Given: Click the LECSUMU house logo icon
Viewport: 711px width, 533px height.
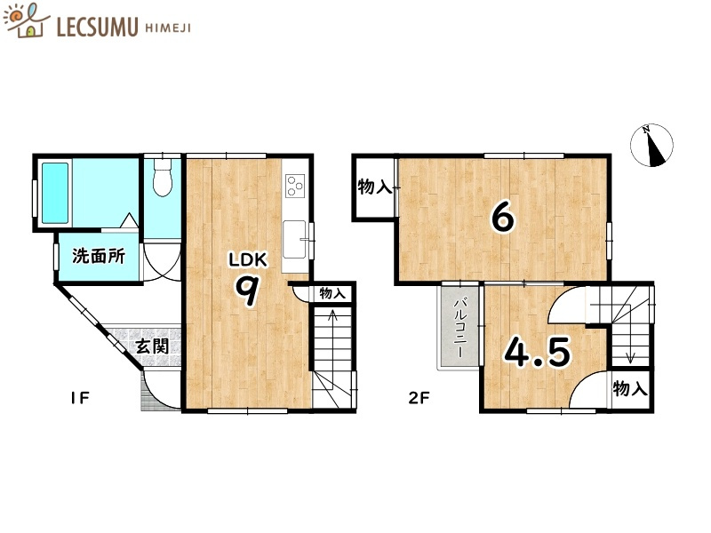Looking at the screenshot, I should point(27,21).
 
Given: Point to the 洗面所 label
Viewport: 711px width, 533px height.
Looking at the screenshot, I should point(98,257).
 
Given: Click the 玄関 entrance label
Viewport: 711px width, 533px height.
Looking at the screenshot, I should point(152,346).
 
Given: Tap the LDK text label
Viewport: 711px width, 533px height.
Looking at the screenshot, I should point(247,260).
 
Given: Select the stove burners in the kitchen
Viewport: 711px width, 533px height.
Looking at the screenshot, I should point(294,186).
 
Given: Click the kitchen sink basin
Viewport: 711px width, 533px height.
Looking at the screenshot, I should point(294,238).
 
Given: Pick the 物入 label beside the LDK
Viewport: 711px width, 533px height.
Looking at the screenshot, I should point(332,293).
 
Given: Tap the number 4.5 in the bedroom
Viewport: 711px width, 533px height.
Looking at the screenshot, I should point(537,353).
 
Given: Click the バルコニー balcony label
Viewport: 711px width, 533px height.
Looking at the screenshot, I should point(460,328).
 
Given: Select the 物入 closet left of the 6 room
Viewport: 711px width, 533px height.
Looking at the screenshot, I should point(374,187).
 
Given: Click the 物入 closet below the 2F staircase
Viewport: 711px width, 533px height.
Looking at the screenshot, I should point(630,389).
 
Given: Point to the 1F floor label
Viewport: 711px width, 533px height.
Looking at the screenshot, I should point(79,397).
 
